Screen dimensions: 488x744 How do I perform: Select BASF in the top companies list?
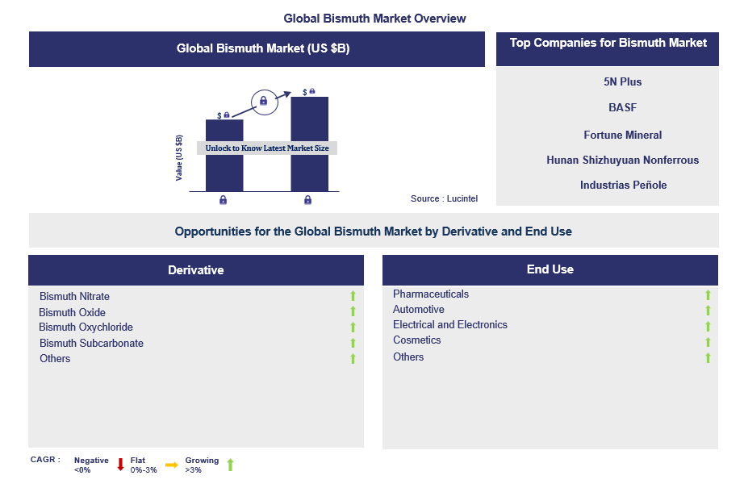pos(623,107)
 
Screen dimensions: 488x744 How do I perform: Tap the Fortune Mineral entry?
pos(623,135)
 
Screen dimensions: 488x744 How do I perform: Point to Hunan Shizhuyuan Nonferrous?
pos(622,160)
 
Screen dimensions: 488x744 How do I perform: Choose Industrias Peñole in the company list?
pos(623,185)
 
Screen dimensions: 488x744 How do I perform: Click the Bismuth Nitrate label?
pos(74,297)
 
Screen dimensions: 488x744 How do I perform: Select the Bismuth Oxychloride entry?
pos(86,327)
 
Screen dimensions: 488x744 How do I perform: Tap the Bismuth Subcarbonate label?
pos(91,343)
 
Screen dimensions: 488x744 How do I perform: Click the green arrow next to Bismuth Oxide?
pos(353,312)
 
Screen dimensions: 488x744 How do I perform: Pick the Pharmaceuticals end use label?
pos(431,294)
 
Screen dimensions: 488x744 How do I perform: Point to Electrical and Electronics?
pos(450,325)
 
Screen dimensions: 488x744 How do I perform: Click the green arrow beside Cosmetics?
pos(708,341)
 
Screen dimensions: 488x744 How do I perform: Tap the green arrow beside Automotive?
pos(708,311)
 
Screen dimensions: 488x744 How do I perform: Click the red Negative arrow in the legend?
pos(120,465)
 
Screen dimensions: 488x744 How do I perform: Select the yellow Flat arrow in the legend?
pos(171,465)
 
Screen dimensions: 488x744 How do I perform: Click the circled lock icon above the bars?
pos(262,101)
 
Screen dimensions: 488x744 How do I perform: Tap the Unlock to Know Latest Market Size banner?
pos(267,148)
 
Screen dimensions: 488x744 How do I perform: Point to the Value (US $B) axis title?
pos(179,157)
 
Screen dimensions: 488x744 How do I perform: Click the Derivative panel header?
pos(196,270)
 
